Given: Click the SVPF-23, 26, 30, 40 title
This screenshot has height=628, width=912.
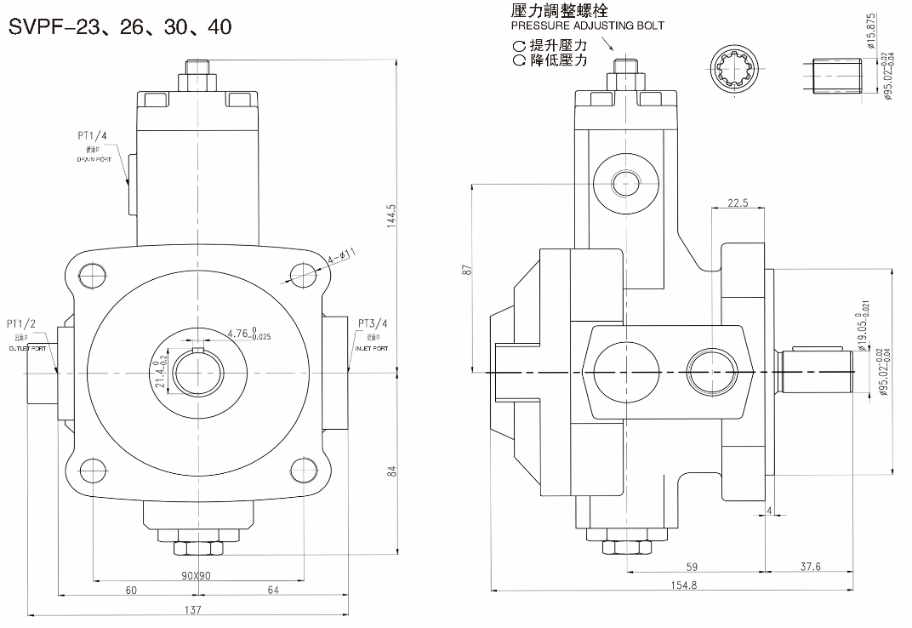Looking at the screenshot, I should (x=120, y=26).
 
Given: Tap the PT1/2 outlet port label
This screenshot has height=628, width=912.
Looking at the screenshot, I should (x=21, y=323).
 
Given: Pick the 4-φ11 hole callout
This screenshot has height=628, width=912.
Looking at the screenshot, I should (x=342, y=254).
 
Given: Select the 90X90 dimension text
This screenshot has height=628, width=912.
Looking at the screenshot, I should (x=197, y=576).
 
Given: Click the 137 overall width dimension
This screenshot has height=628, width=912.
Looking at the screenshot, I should (x=195, y=609).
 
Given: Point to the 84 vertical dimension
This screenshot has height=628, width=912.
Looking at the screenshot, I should (x=392, y=471).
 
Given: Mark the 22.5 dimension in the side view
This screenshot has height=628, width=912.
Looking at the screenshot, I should (x=738, y=203).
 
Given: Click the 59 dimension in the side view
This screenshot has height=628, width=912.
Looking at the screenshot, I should (x=692, y=567).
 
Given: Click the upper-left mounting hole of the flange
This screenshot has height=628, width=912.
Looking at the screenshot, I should (x=90, y=272).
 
